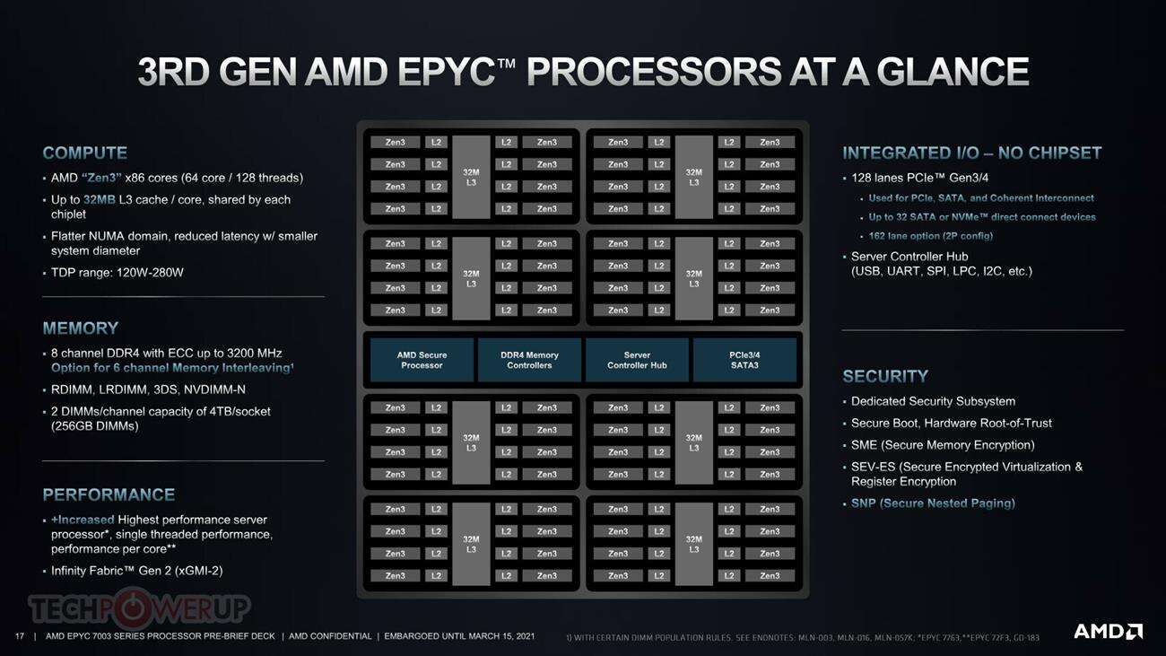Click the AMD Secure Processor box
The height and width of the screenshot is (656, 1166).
(x=422, y=360)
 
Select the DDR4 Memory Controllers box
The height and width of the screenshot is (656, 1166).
(x=529, y=360)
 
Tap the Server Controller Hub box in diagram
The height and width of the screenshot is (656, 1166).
(x=637, y=360)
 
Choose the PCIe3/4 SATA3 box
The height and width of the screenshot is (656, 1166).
(x=744, y=360)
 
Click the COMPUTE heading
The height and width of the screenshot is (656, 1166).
(x=85, y=153)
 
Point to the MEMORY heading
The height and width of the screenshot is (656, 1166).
(x=81, y=328)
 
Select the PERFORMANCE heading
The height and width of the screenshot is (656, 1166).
(x=109, y=495)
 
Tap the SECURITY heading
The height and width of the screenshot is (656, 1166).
(x=885, y=377)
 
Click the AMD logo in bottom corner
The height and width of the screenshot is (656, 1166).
(x=1108, y=631)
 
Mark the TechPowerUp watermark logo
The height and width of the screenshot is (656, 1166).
(x=139, y=608)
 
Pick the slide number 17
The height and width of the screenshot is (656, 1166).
(x=20, y=636)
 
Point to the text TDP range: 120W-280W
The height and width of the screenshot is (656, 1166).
(x=117, y=273)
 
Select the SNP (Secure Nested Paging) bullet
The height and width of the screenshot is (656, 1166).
(x=933, y=504)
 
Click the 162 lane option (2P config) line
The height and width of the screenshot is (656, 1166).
(x=930, y=236)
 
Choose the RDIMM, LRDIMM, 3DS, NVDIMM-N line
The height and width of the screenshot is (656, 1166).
(x=148, y=389)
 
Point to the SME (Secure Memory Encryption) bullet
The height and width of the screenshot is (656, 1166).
(x=943, y=445)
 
